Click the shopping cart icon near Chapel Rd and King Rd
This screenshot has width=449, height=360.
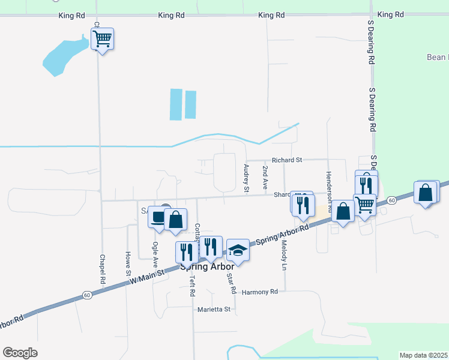(103, 40)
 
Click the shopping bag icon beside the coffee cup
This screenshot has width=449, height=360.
(176, 219)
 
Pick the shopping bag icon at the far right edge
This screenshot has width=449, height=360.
(426, 193)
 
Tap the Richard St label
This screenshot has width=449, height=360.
(286, 160)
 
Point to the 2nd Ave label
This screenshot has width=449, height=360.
(265, 175)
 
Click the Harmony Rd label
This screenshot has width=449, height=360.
(260, 292)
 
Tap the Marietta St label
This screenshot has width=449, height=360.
(214, 310)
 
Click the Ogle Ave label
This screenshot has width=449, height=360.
(155, 254)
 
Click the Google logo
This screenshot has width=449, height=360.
(20, 353)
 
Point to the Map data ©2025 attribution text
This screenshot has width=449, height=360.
(423, 355)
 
